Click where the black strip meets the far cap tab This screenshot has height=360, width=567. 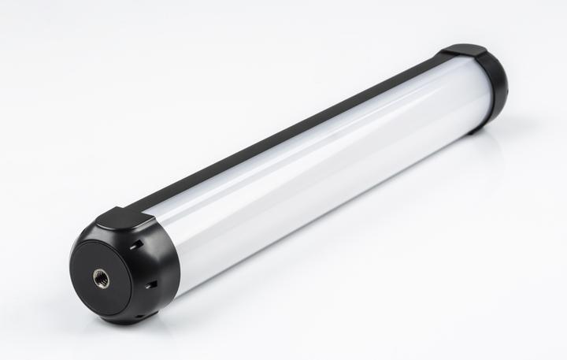click(x=441, y=57)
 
